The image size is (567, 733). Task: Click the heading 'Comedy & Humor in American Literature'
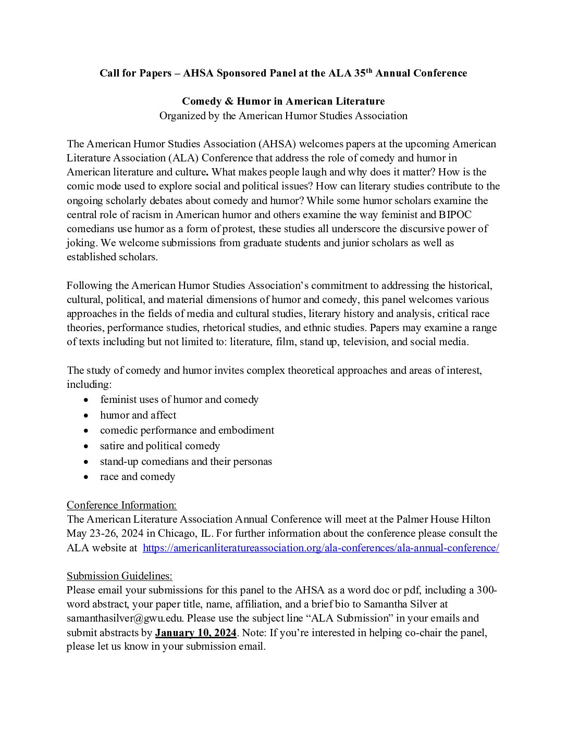(x=283, y=101)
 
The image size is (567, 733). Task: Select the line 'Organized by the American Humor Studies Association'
(x=283, y=116)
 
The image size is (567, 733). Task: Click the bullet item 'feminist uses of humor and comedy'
(x=179, y=399)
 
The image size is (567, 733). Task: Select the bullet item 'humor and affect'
(x=138, y=415)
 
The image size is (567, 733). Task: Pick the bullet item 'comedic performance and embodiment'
(x=187, y=430)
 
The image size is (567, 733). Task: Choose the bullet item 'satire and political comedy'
(x=160, y=446)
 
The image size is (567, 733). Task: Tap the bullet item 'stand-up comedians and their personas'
(x=186, y=461)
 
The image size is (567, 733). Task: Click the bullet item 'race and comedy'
(x=138, y=476)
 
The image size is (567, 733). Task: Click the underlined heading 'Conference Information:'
(x=121, y=505)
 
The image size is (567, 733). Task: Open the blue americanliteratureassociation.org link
(x=321, y=548)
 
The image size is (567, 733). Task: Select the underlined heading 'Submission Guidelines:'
(x=119, y=576)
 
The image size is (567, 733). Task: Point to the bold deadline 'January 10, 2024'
(x=196, y=633)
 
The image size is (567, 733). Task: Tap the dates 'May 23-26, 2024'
(x=105, y=534)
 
